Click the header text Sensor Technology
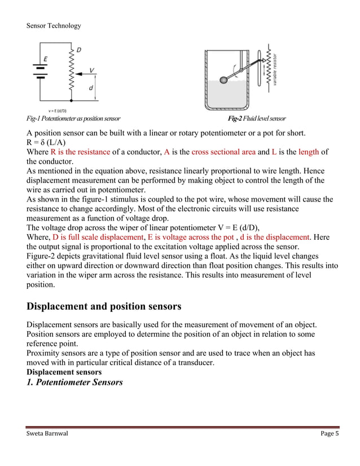[54, 25]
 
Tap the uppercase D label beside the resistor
[78, 50]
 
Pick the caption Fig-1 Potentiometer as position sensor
[73, 118]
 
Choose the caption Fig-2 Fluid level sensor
[256, 118]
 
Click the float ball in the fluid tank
[224, 80]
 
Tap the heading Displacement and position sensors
[104, 307]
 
